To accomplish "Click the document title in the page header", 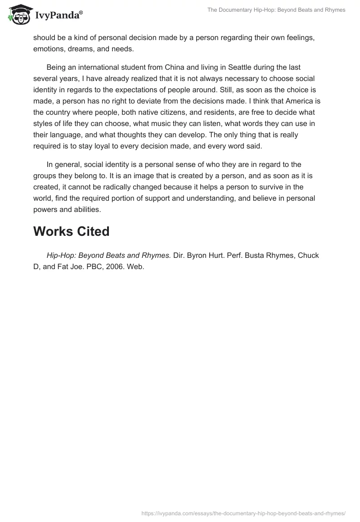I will point(276,10).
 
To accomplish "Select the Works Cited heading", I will point(71,231).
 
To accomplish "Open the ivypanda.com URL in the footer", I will point(243,513).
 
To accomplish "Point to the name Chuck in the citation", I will point(309,255).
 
